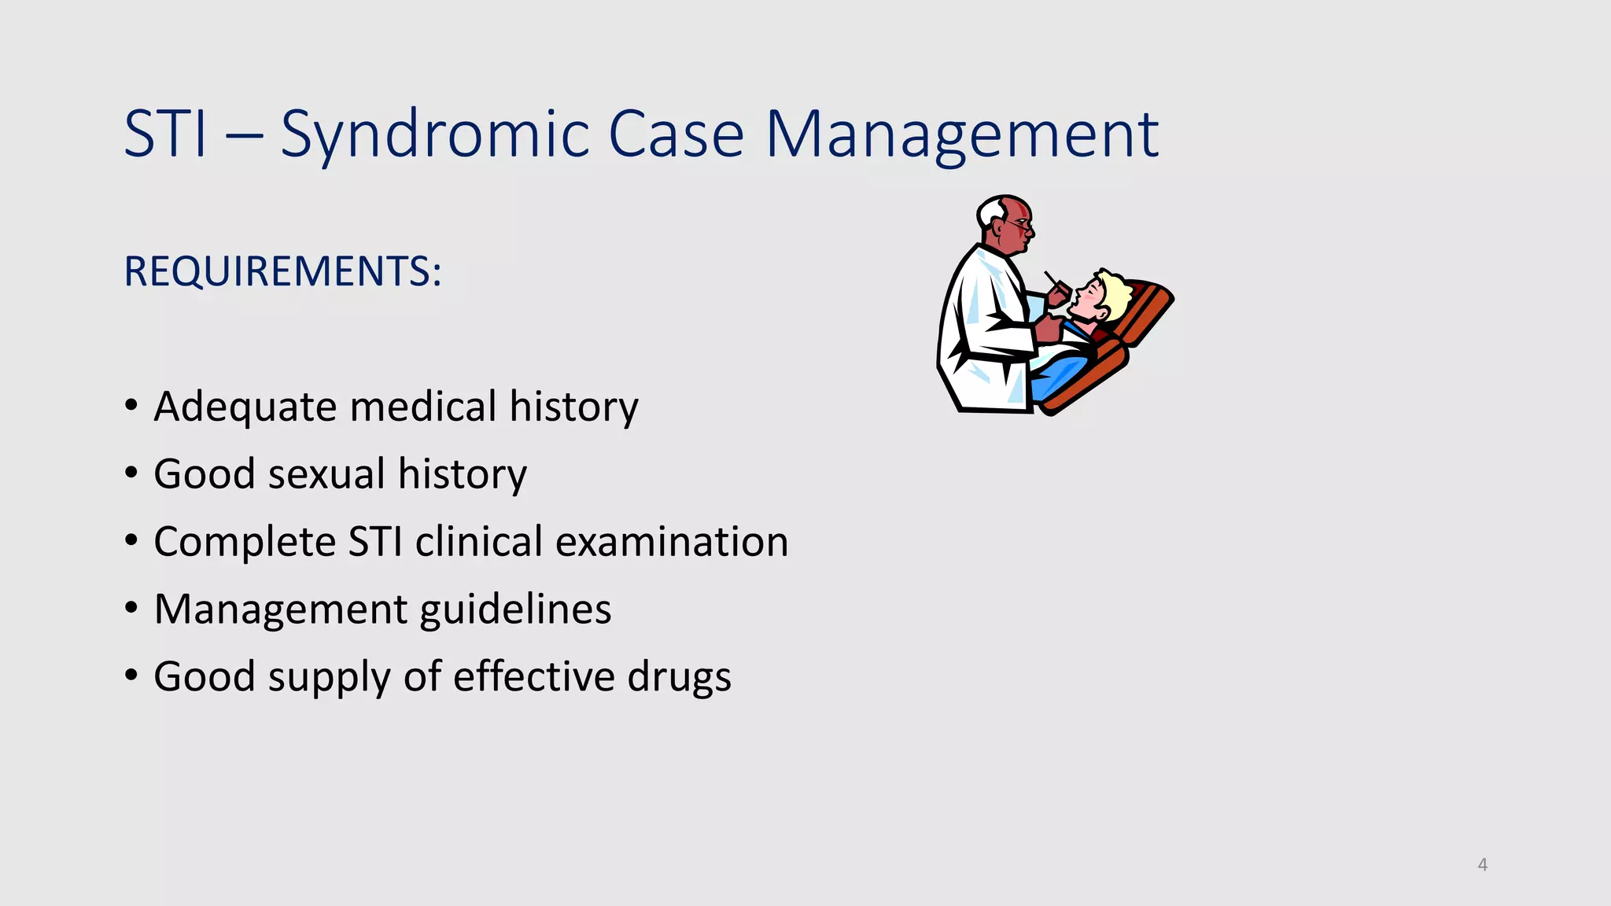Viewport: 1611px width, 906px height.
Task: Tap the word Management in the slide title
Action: click(961, 135)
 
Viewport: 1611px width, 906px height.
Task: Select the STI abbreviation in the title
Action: click(166, 135)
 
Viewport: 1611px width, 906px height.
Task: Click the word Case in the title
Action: click(676, 135)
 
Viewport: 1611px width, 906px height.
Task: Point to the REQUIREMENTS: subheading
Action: click(282, 272)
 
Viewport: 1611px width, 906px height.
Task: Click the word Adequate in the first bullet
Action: click(245, 407)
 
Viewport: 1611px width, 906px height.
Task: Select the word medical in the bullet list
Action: click(423, 407)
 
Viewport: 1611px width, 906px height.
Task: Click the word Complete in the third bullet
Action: click(245, 543)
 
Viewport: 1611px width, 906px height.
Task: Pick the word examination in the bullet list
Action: click(672, 543)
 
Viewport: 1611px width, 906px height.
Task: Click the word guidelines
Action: click(515, 610)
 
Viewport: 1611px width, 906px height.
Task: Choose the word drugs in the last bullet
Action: click(679, 678)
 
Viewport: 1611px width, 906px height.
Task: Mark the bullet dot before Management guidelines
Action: click(131, 609)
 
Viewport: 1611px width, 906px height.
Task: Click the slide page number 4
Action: click(1482, 864)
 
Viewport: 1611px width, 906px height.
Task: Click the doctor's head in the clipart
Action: click(1005, 223)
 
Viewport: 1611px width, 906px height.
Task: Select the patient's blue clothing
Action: click(1058, 374)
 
